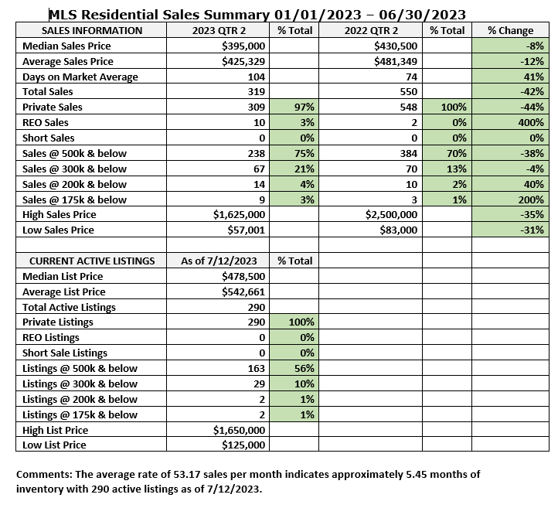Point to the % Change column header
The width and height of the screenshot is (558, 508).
tap(510, 31)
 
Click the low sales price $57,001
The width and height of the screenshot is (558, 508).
tap(243, 230)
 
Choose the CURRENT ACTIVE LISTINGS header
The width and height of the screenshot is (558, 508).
tap(89, 261)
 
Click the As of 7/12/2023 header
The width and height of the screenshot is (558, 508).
tap(219, 261)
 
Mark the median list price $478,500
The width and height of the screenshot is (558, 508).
tap(243, 276)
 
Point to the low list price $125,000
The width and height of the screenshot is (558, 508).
tap(243, 445)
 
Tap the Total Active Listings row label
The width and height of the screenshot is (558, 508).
tap(70, 307)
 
